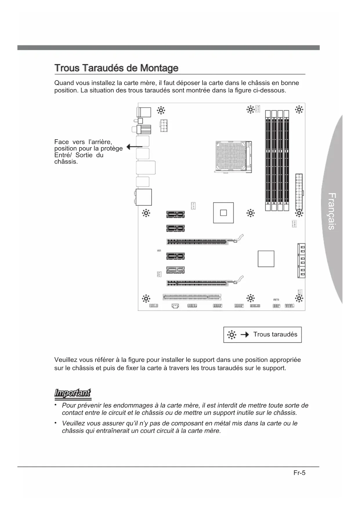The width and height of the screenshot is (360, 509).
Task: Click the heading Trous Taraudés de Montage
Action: point(116,68)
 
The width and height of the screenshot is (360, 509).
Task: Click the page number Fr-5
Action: point(299,473)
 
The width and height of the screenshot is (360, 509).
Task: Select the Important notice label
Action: point(73,393)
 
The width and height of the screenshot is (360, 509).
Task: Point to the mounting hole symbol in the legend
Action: point(231,335)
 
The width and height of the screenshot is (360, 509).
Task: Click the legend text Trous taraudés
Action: point(275,334)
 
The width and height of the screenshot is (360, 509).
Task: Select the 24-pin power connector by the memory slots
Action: point(299,192)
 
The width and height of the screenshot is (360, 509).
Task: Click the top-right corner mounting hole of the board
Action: point(299,110)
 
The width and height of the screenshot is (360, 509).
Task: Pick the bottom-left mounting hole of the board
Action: point(146,298)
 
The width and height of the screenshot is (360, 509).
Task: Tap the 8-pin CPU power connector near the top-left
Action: point(163,125)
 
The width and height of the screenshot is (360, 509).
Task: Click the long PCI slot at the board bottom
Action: point(192,297)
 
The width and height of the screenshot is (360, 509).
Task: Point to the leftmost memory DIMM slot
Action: point(267,160)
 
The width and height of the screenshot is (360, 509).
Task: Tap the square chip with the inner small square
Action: point(223,213)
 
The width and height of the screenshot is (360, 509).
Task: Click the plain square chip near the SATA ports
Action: point(266,259)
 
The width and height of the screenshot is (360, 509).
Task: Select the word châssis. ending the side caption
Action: point(66,162)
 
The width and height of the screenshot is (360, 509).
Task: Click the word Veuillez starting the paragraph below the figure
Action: point(66,360)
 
